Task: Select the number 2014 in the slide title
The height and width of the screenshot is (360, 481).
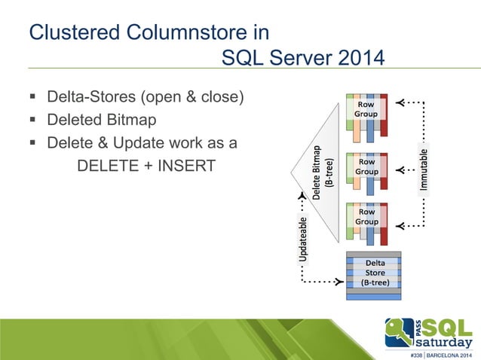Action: coord(351,58)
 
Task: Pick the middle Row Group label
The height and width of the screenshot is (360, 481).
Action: coord(366,166)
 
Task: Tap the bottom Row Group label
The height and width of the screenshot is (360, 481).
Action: coord(366,217)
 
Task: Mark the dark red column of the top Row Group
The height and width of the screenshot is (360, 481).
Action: coord(384,117)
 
